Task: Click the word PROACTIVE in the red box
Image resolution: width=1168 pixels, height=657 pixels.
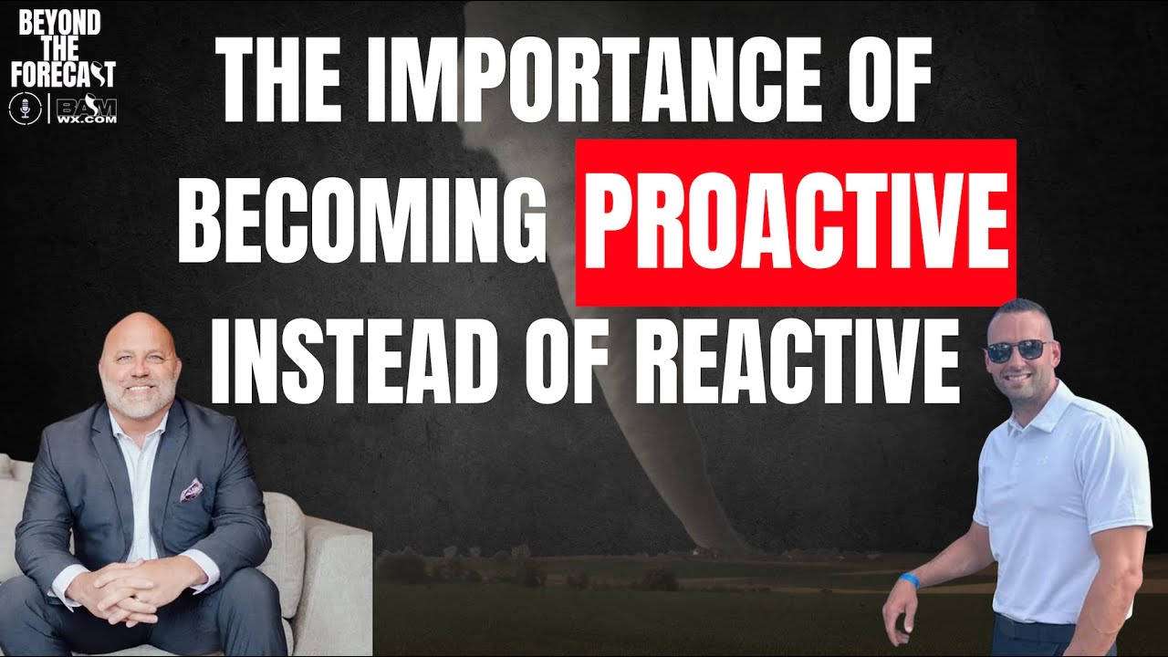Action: pyautogui.click(x=796, y=222)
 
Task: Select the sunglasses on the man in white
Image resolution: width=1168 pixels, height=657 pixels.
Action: pyautogui.click(x=1018, y=349)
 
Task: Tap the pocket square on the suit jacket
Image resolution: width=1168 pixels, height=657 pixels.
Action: pyautogui.click(x=193, y=490)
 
